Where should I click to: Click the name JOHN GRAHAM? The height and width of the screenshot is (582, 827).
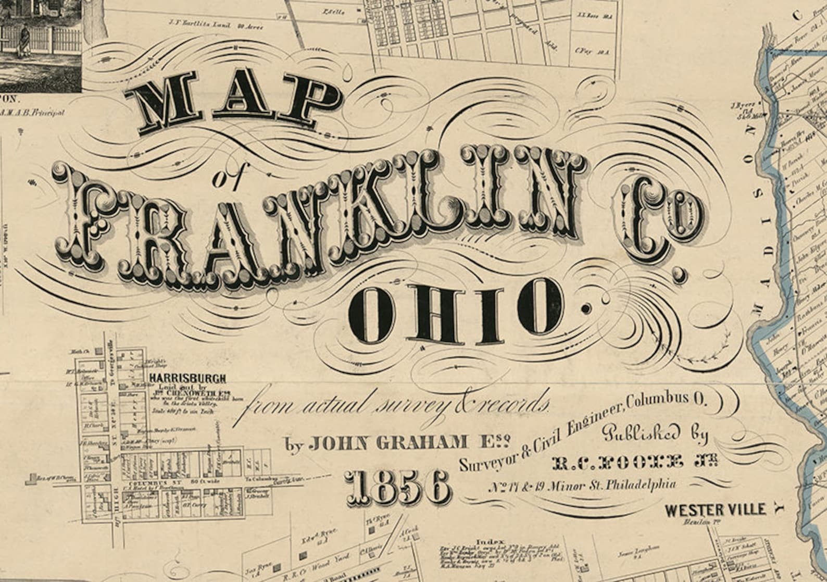pyautogui.click(x=388, y=443)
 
